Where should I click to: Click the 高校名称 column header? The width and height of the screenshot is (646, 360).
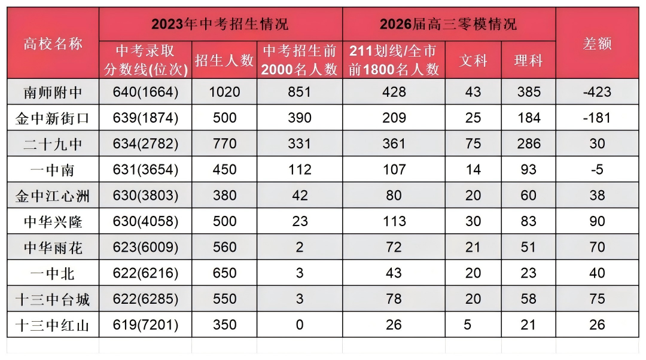[53, 44]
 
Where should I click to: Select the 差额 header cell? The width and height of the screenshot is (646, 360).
[597, 44]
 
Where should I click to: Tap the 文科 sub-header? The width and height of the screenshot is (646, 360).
[473, 60]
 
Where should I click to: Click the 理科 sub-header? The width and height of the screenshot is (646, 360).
[529, 60]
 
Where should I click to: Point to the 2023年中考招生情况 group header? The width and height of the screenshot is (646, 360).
[220, 24]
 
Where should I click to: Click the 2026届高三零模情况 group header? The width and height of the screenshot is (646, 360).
[448, 24]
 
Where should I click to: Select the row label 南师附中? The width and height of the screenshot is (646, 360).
[53, 92]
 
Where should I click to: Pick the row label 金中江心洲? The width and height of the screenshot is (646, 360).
[53, 196]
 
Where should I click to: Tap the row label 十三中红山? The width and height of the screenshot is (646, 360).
[53, 325]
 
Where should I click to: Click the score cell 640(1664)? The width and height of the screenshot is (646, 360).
[145, 92]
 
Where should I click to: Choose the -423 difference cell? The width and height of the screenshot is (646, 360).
[597, 92]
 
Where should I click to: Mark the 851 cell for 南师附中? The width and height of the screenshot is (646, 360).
[299, 92]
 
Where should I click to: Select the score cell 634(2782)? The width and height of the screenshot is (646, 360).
[145, 144]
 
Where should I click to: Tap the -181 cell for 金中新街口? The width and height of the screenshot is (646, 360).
[597, 118]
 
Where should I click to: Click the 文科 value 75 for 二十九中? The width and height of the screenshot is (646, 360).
[473, 144]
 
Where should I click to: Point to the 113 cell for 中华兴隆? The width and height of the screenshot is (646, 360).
[394, 221]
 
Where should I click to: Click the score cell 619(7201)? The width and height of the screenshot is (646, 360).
[145, 325]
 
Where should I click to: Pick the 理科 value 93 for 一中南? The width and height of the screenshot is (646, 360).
[529, 170]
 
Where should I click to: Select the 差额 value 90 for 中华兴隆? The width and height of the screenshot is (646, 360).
[597, 221]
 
